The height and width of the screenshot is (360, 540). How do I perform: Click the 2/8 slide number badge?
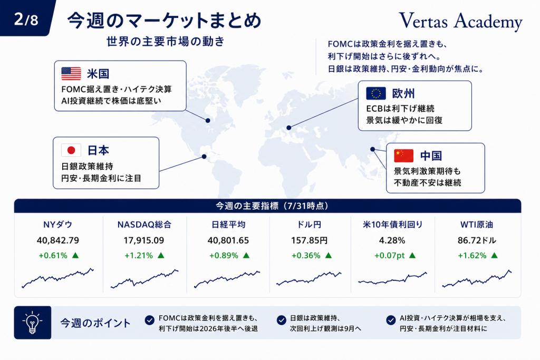[x=25, y=18]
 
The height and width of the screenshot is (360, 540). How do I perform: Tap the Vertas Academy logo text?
[x=460, y=21]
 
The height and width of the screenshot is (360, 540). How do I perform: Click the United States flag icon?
[x=71, y=74]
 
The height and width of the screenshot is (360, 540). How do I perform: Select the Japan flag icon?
[x=71, y=150]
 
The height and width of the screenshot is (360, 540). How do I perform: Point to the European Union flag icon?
[x=375, y=93]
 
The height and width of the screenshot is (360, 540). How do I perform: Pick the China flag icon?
[x=403, y=155]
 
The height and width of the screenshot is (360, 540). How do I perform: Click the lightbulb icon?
[x=32, y=323]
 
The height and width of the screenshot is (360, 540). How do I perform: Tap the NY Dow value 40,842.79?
[x=58, y=240]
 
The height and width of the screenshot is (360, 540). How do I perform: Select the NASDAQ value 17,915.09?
[x=144, y=240]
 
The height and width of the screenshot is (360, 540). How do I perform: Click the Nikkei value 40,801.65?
[x=228, y=240]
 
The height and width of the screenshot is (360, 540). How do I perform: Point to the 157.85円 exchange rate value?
[x=309, y=240]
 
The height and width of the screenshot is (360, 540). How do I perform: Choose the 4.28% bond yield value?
[x=392, y=240]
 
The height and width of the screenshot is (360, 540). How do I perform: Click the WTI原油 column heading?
[x=477, y=225]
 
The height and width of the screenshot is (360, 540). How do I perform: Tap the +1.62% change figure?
[x=472, y=255]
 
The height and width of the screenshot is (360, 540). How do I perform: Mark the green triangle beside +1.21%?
[x=161, y=255]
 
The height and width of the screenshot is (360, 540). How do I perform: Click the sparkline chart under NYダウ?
[x=58, y=278]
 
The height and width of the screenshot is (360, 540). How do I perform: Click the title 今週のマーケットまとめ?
[x=165, y=21]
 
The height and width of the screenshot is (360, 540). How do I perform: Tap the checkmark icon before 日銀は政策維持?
[x=282, y=320]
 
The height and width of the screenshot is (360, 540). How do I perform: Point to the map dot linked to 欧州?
[x=288, y=128]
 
